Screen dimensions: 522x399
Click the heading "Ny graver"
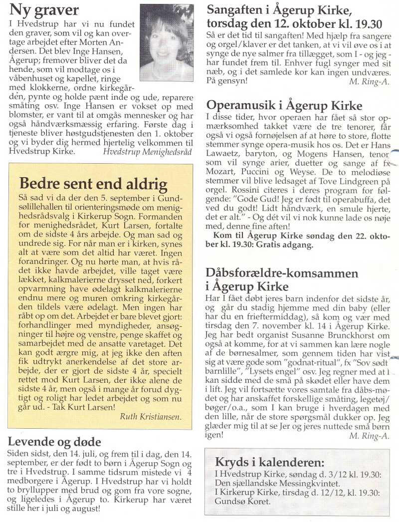click(44, 10)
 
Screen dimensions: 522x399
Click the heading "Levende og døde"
click(55, 442)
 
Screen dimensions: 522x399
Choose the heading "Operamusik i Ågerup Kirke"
click(284, 106)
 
